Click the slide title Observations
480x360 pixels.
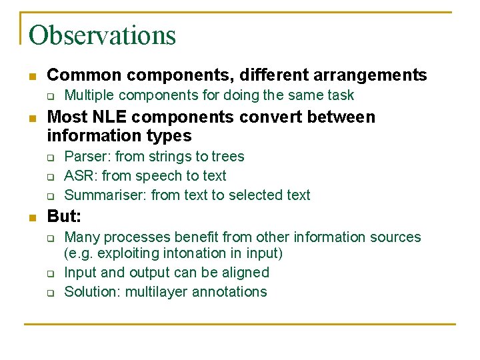(x=103, y=35)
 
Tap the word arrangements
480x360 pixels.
(x=374, y=75)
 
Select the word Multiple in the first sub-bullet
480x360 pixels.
(x=89, y=95)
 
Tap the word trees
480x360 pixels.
(x=227, y=157)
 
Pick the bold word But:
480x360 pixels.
(x=64, y=217)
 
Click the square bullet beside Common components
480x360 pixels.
(x=31, y=75)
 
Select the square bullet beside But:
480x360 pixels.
(x=31, y=217)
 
